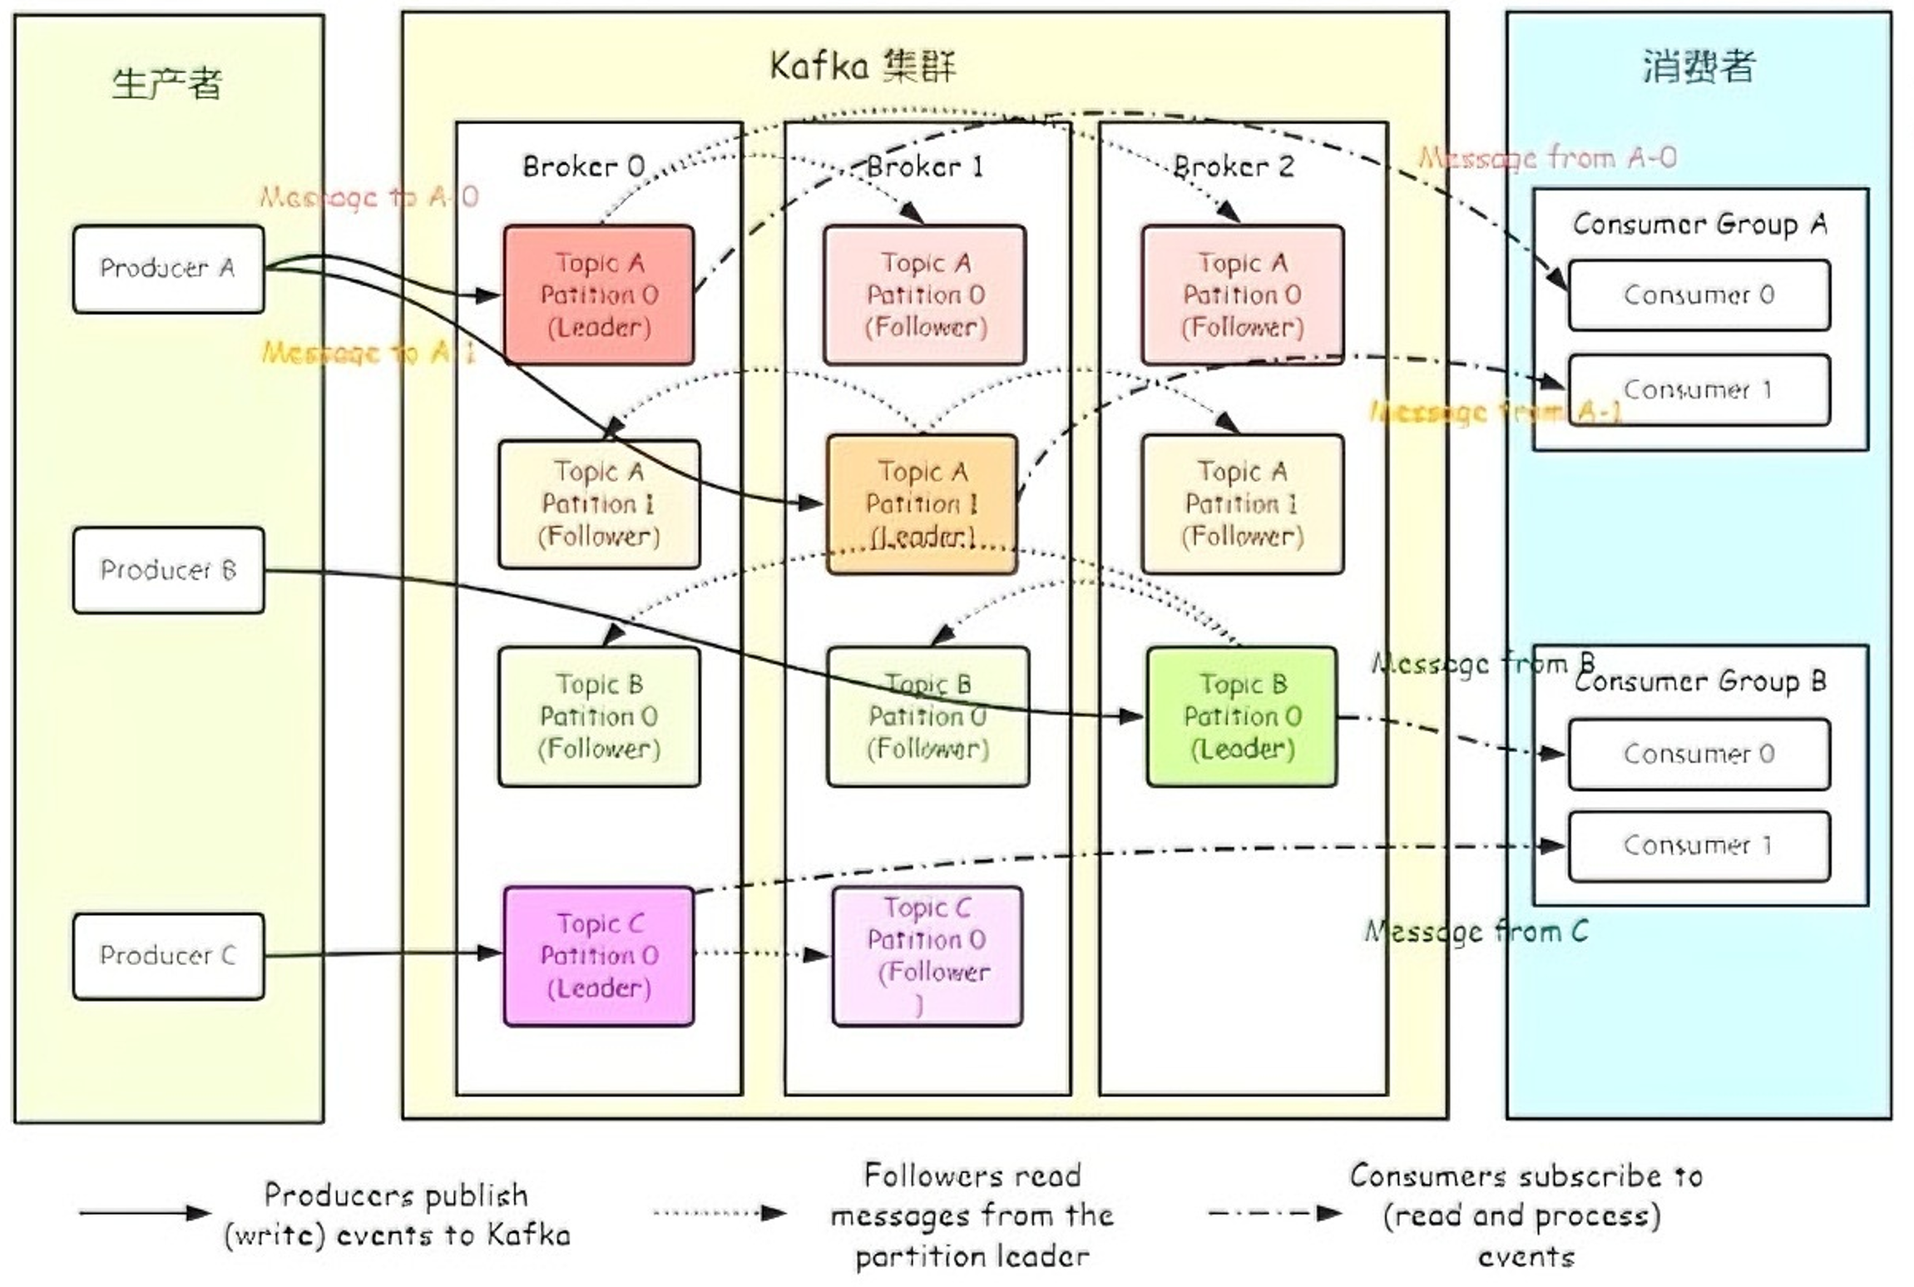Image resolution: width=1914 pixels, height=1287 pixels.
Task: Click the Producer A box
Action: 168,269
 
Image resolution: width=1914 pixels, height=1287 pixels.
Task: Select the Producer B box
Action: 168,571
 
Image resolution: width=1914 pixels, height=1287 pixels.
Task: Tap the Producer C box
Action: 168,956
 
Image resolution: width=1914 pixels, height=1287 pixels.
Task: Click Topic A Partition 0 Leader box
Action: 598,295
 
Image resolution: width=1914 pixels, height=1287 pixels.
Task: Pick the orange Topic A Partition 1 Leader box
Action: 922,504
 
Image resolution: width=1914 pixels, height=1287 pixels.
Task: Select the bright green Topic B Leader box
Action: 1241,716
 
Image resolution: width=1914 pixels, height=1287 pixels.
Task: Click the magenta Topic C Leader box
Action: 598,956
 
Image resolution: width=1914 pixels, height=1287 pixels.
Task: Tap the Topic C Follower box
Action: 927,956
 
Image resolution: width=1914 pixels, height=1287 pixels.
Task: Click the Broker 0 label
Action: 583,166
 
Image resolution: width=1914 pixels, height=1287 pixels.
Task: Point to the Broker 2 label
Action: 1233,166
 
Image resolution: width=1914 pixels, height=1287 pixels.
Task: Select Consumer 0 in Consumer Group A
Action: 1698,295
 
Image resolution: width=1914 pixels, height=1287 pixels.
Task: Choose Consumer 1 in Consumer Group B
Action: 1698,846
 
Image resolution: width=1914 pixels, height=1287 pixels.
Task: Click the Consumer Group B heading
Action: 1699,681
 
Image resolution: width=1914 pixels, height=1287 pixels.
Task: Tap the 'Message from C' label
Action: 1476,931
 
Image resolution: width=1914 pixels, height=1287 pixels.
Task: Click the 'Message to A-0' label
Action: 368,197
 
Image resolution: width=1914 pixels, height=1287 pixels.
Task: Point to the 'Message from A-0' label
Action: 1547,157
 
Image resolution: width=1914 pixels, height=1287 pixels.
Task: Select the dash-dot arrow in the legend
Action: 1273,1213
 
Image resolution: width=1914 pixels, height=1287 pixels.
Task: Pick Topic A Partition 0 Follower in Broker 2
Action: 1241,295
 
